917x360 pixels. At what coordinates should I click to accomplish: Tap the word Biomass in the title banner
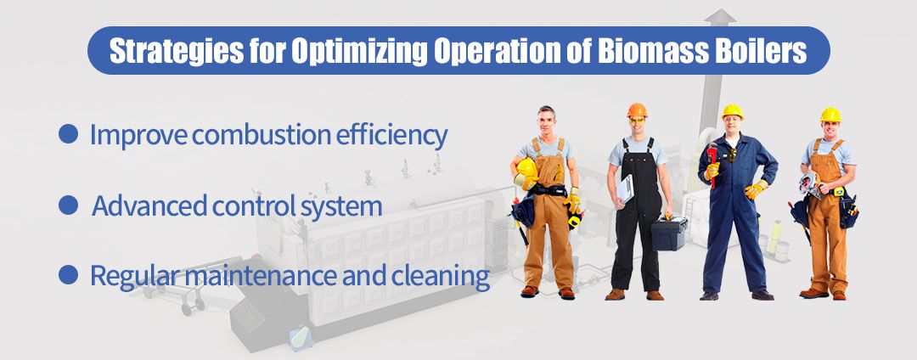pos(650,51)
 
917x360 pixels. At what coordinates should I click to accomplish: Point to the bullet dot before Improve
pos(69,134)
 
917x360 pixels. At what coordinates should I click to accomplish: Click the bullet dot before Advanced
pos(69,205)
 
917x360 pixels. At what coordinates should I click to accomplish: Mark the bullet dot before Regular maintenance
pos(69,275)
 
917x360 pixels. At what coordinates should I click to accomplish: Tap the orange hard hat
pos(637,110)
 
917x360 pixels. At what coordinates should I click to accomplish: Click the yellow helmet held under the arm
pos(526,172)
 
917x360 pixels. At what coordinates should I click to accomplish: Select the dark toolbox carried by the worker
pos(669,233)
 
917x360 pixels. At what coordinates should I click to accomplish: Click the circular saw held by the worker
pos(810,184)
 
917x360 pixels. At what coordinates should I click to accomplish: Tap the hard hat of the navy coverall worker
pos(732,111)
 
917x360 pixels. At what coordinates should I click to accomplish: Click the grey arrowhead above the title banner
pos(720,16)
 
